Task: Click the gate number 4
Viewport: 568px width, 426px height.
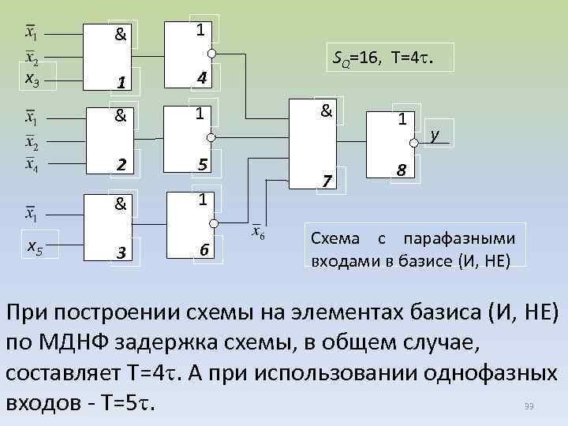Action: (x=203, y=78)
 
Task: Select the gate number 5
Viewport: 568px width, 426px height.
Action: (x=204, y=166)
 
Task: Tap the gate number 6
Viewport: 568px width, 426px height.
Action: (x=204, y=251)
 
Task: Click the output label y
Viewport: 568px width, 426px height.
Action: (x=435, y=135)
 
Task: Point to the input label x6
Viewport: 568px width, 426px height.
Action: (x=258, y=234)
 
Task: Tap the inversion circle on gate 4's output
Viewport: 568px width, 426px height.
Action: (x=211, y=54)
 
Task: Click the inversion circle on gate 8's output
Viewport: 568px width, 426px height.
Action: (x=413, y=143)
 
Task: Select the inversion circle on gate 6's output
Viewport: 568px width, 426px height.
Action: (x=211, y=226)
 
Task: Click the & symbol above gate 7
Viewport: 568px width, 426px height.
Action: (x=325, y=111)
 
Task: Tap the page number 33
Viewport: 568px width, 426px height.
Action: (x=529, y=405)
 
